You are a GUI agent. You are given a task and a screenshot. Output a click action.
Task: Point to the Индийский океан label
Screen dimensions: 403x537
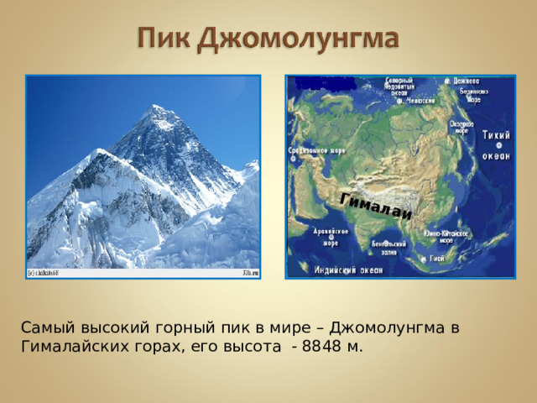pos(348,270)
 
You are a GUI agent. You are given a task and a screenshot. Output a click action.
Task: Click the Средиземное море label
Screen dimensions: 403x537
pos(317,152)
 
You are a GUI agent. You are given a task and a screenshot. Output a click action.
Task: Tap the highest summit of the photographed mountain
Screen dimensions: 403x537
pos(156,107)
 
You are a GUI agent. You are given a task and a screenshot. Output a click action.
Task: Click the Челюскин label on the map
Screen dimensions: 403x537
pos(421,101)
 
